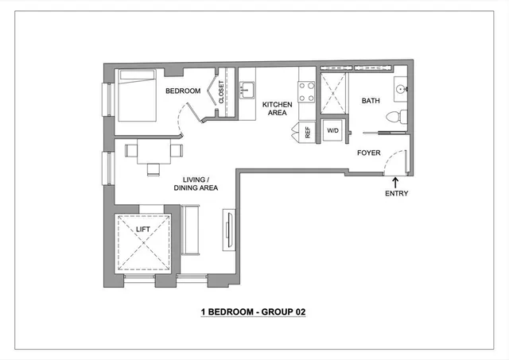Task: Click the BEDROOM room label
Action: [x=182, y=91]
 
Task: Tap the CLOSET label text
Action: [x=222, y=92]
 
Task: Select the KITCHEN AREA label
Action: [x=278, y=109]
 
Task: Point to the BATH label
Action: [x=371, y=101]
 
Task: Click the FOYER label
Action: [x=368, y=152]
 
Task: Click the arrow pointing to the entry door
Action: [x=396, y=182]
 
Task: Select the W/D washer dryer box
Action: [x=332, y=130]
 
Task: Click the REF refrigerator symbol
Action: [x=307, y=132]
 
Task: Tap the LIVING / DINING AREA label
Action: [x=196, y=184]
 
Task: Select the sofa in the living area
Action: [x=191, y=229]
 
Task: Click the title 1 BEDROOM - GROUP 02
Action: [x=253, y=312]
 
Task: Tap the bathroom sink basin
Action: [x=401, y=90]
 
